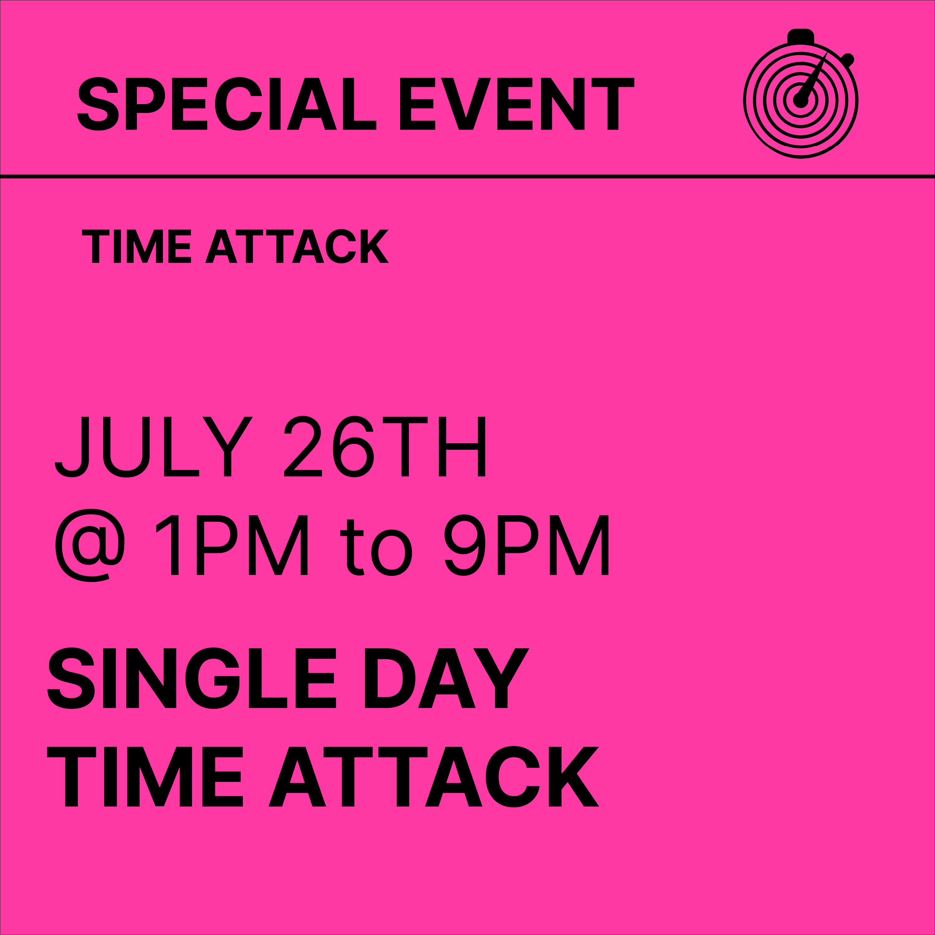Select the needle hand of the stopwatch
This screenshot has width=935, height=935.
click(x=813, y=77)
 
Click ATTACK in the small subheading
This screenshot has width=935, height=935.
click(x=297, y=246)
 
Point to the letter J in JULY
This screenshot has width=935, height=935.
click(x=72, y=447)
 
